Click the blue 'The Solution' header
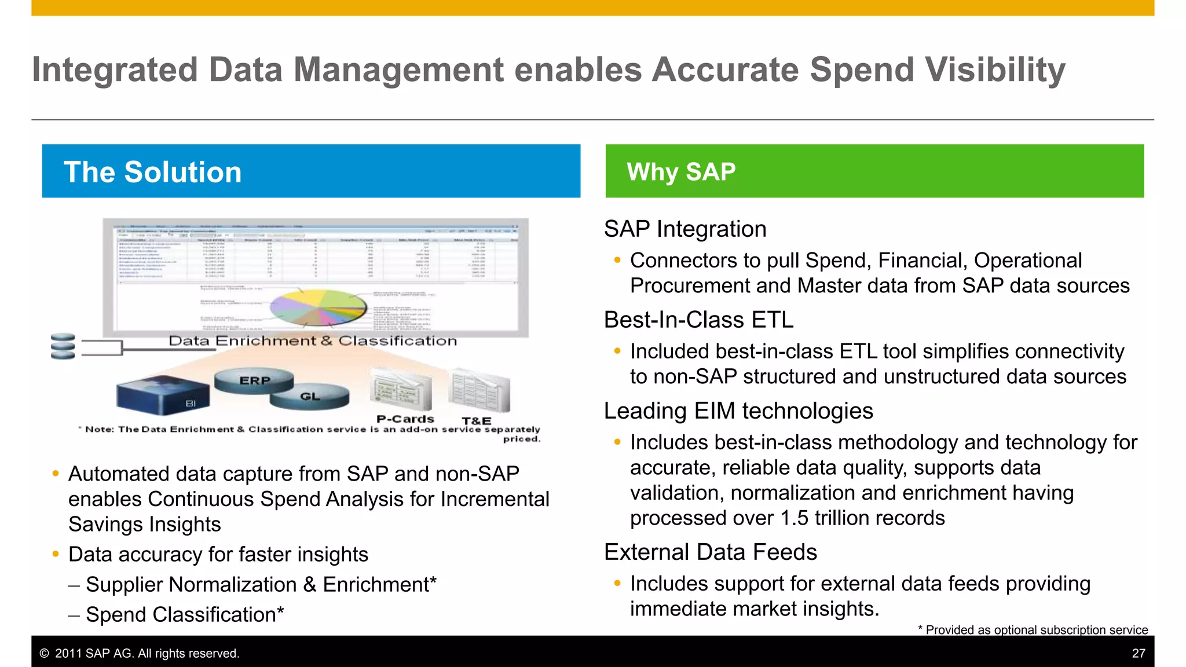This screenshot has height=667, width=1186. (x=311, y=171)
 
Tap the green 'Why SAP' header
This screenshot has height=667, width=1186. (x=874, y=171)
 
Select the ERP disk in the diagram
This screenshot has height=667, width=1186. (x=254, y=380)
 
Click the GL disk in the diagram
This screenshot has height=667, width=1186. (x=310, y=396)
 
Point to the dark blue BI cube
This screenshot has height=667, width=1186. (x=163, y=395)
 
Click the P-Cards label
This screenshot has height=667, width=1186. (x=405, y=419)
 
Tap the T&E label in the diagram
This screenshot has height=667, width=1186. (x=476, y=421)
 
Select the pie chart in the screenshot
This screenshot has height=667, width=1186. (x=319, y=307)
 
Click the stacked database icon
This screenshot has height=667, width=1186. (x=63, y=346)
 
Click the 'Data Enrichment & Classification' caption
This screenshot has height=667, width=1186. (x=313, y=341)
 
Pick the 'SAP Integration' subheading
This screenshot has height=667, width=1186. (x=685, y=229)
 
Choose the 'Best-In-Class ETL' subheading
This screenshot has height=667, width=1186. (x=698, y=320)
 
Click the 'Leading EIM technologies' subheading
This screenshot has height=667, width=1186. (x=738, y=411)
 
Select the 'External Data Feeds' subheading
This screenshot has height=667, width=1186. (x=711, y=552)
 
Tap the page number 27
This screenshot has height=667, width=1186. (x=1138, y=653)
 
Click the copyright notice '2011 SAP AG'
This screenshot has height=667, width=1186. (x=139, y=653)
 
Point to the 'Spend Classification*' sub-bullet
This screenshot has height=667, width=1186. (x=185, y=615)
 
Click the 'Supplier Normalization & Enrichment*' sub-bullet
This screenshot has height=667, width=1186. (x=261, y=585)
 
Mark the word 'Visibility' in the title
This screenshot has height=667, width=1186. (x=995, y=70)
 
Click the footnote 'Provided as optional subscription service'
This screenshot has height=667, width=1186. (x=1034, y=630)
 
